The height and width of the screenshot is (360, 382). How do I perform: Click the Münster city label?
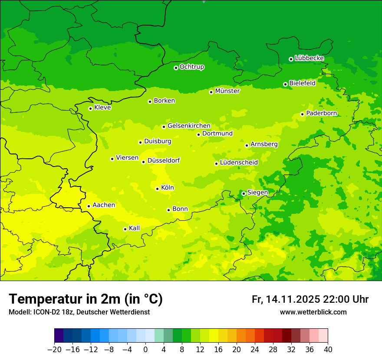(x=227, y=91)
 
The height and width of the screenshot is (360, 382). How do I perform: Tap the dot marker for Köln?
(x=157, y=189)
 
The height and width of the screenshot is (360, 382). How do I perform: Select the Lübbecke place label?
(x=309, y=58)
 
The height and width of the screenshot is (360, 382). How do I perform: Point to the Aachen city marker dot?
(x=89, y=206)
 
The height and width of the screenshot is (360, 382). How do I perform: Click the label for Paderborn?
(x=321, y=114)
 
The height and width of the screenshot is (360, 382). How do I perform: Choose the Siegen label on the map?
(x=257, y=193)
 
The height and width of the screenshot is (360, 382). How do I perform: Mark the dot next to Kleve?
(x=90, y=108)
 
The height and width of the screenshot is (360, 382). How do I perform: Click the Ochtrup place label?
(x=191, y=67)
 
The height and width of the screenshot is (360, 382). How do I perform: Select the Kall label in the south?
(x=134, y=228)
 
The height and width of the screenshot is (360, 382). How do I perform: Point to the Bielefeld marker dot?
(x=285, y=84)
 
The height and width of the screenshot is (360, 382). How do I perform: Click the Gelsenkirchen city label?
(x=189, y=126)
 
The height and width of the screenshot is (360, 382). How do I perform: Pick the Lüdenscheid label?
(x=239, y=163)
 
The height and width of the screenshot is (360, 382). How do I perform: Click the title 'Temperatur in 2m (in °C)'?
(x=86, y=299)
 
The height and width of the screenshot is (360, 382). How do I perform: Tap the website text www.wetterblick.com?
(x=313, y=312)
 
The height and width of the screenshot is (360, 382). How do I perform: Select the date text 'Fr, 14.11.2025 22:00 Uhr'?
(x=310, y=299)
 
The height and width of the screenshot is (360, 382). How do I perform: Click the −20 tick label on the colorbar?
(x=54, y=350)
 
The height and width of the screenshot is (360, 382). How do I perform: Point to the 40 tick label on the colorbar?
(x=328, y=350)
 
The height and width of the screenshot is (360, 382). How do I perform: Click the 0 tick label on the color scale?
(x=145, y=350)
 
